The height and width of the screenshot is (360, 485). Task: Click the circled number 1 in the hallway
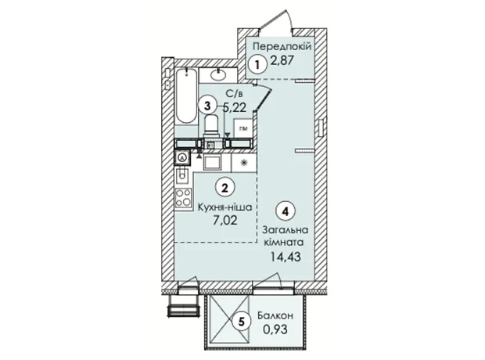pos(257,65)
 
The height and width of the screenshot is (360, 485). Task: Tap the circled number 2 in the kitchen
pos(225,187)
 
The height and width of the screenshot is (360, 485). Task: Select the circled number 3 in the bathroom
pos(207,106)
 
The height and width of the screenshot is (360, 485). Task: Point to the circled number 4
pos(286,211)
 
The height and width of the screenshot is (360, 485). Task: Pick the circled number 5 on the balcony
pos(242,322)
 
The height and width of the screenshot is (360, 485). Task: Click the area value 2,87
pos(282,59)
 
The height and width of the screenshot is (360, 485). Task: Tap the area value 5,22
pos(235,107)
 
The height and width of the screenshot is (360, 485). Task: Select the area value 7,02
pos(225,221)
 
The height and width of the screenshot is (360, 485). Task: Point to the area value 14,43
pos(286,257)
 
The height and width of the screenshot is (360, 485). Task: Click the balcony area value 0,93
pos(275,329)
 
